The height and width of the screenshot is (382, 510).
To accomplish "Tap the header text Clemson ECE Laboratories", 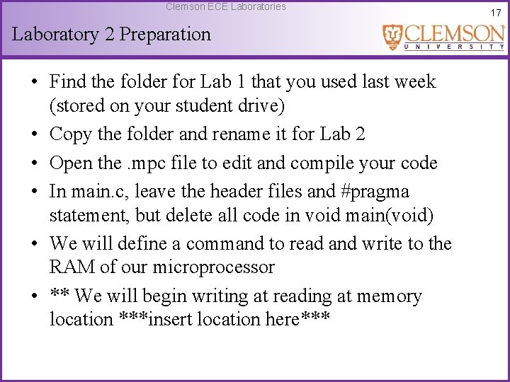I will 226,6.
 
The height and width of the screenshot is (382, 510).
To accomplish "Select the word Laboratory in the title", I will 56,34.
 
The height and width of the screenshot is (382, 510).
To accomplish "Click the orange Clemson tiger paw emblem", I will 393,37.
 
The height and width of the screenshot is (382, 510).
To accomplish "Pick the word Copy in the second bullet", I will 71,134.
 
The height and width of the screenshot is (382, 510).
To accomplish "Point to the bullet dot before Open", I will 35,163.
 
